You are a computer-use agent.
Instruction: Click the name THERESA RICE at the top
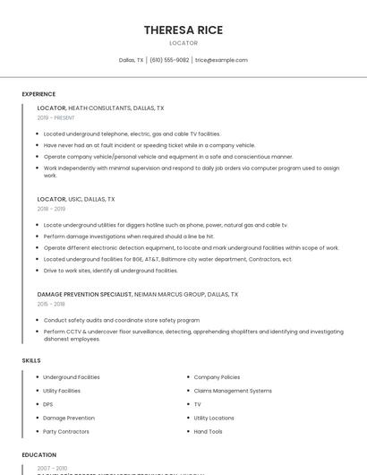(183, 30)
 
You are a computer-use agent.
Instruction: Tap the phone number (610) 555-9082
(169, 60)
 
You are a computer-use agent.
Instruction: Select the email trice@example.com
(221, 60)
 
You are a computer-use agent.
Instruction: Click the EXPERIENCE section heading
(38, 94)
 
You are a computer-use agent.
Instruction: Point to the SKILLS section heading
(31, 360)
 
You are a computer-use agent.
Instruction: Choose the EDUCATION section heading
(38, 455)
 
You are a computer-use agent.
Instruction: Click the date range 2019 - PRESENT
(56, 118)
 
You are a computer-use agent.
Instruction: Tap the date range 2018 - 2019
(51, 209)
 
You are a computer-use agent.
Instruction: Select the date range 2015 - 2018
(51, 304)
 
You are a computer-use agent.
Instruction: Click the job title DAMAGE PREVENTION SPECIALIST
(85, 294)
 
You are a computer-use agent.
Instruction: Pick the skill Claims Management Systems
(232, 391)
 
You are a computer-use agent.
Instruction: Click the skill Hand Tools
(208, 432)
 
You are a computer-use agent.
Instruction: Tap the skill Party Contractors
(66, 432)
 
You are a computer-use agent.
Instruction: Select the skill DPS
(48, 404)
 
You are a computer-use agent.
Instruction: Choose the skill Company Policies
(217, 377)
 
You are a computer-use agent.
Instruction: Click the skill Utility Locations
(214, 418)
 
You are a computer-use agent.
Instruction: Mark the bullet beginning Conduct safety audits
(121, 320)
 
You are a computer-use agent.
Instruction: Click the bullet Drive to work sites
(110, 271)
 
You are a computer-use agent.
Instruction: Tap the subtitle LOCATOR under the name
(183, 43)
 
